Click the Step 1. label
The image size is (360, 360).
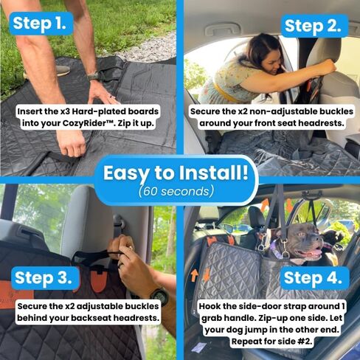(40, 24)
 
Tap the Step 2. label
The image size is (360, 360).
(314, 26)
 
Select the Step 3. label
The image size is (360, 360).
(44, 278)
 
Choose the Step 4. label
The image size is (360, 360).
(313, 278)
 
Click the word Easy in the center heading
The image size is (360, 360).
(127, 173)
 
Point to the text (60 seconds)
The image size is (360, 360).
(176, 191)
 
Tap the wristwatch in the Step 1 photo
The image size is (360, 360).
(94, 77)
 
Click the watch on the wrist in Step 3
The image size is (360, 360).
(160, 296)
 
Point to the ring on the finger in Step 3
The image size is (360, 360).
(120, 266)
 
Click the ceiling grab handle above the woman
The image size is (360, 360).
(222, 30)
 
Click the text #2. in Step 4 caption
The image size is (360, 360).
(305, 342)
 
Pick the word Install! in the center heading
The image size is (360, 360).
(213, 173)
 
